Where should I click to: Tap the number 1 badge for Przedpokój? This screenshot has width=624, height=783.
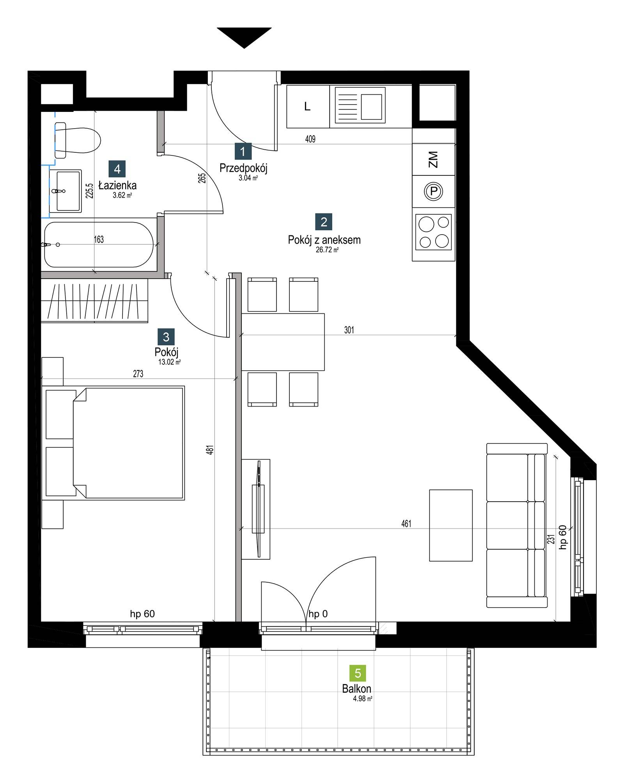pyautogui.click(x=243, y=152)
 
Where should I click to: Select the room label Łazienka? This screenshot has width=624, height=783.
pyautogui.click(x=117, y=186)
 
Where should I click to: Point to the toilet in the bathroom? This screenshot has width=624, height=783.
pyautogui.click(x=77, y=140)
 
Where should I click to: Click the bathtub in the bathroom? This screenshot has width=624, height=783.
pyautogui.click(x=99, y=244)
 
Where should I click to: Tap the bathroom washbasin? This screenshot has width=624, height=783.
pyautogui.click(x=66, y=191)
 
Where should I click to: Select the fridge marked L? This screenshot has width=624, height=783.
pyautogui.click(x=308, y=106)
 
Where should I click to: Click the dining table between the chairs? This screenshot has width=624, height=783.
pyautogui.click(x=283, y=342)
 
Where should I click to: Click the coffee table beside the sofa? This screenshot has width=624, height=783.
pyautogui.click(x=451, y=525)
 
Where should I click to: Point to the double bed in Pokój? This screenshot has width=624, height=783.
pyautogui.click(x=113, y=443)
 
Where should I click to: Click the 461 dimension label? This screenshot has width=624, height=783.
pyautogui.click(x=406, y=524)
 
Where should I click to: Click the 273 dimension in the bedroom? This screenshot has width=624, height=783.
pyautogui.click(x=138, y=374)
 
